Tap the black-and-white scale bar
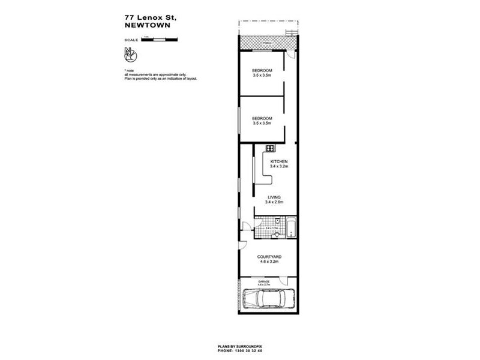tap(160, 40)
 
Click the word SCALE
tap(131, 40)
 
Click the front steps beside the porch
tap(292, 32)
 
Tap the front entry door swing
tap(289, 55)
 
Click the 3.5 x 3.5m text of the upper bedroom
tap(262, 76)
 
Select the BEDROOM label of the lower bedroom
tap(262, 118)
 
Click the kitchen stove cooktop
tap(271, 148)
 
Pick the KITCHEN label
tap(280, 162)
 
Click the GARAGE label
tap(264, 280)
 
